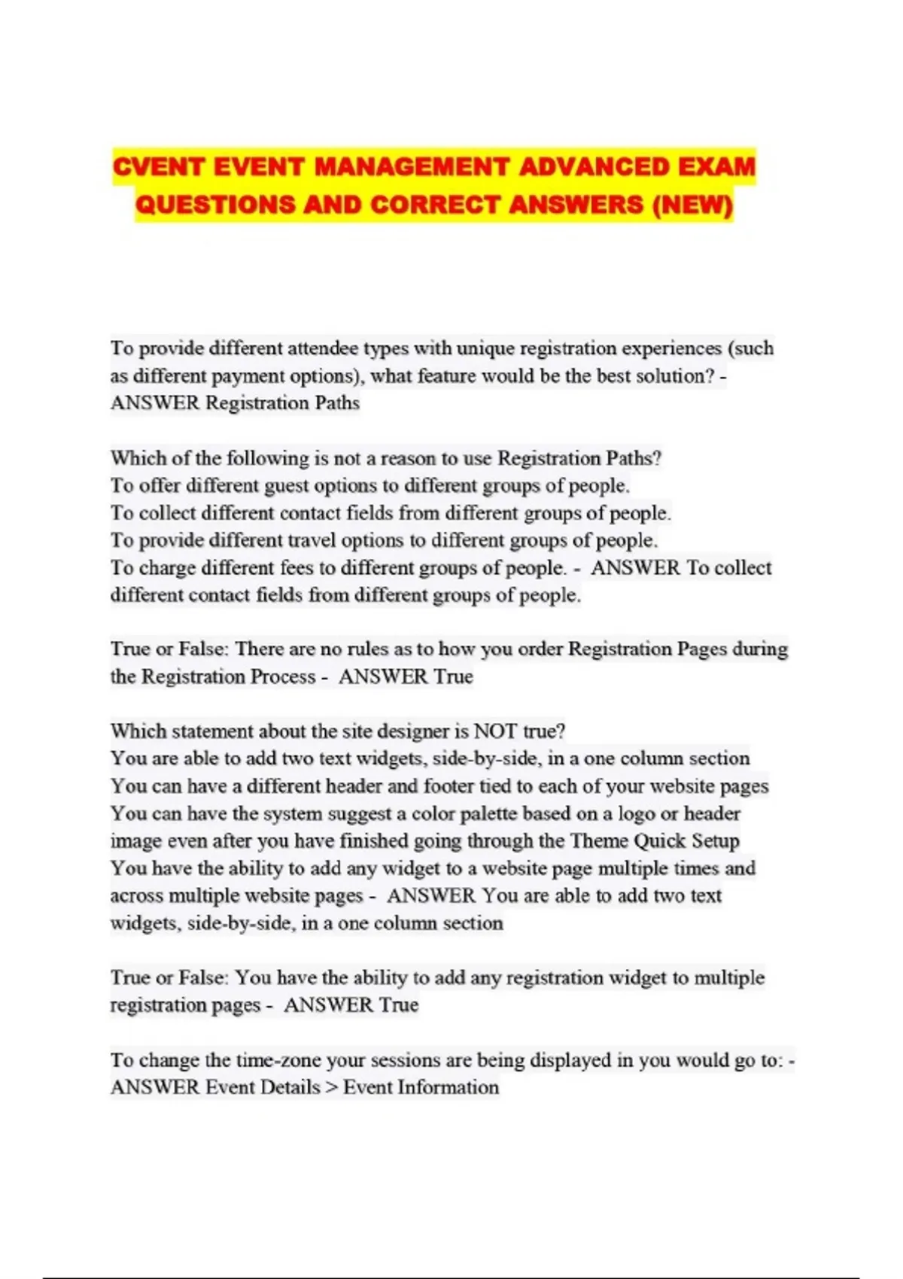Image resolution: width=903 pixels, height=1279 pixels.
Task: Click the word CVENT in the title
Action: coord(158,166)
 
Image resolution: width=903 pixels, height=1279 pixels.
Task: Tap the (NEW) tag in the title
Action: coord(692,205)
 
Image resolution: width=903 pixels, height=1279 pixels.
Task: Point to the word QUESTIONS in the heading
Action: coord(215,205)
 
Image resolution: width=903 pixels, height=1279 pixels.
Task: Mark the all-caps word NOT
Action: coord(495,731)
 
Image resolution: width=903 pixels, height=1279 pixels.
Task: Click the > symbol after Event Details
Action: coord(332,1087)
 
